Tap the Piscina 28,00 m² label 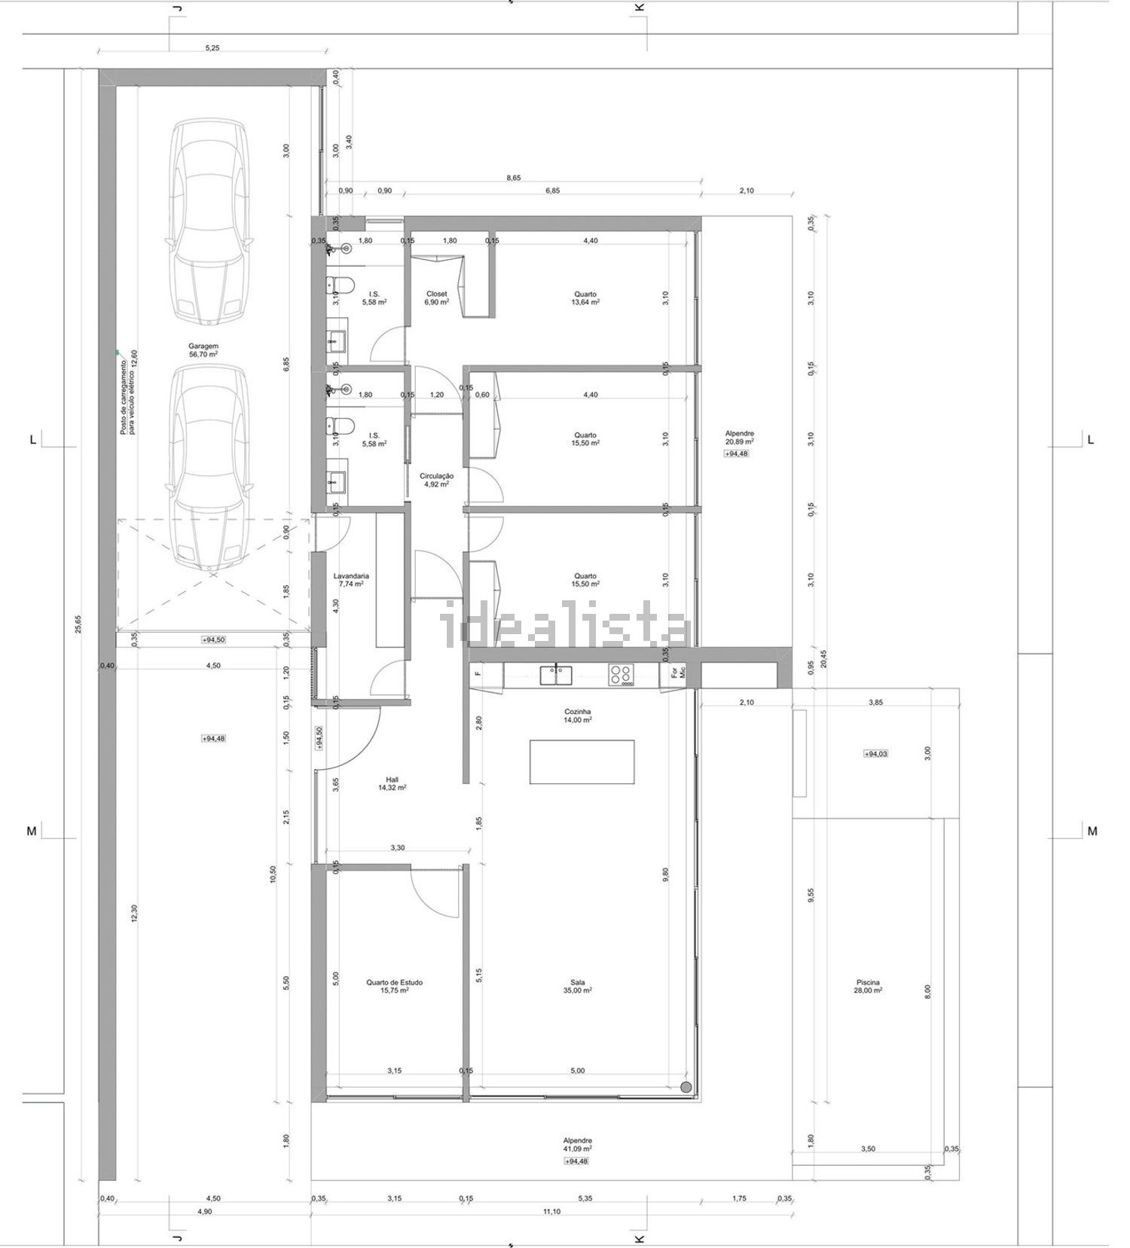[x=868, y=987]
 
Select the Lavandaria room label [x=351, y=580]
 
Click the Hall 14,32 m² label [x=392, y=784]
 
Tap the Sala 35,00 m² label [x=578, y=987]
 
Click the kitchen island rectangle [x=582, y=762]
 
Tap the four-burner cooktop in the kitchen [x=621, y=675]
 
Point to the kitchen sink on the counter [x=557, y=675]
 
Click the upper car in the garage [x=207, y=222]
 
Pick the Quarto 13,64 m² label [x=585, y=298]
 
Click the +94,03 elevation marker [x=875, y=753]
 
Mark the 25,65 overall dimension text [x=78, y=625]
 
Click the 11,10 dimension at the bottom [x=551, y=1211]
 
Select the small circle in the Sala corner [x=686, y=1087]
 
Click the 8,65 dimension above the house [x=513, y=179]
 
